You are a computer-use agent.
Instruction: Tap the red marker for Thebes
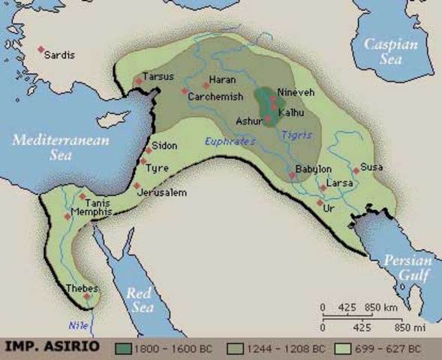click(88, 295)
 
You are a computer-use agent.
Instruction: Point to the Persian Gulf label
click(407, 268)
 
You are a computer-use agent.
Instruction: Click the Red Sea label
click(140, 299)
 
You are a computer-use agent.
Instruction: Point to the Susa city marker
click(356, 171)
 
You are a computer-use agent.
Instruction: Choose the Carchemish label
click(215, 97)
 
